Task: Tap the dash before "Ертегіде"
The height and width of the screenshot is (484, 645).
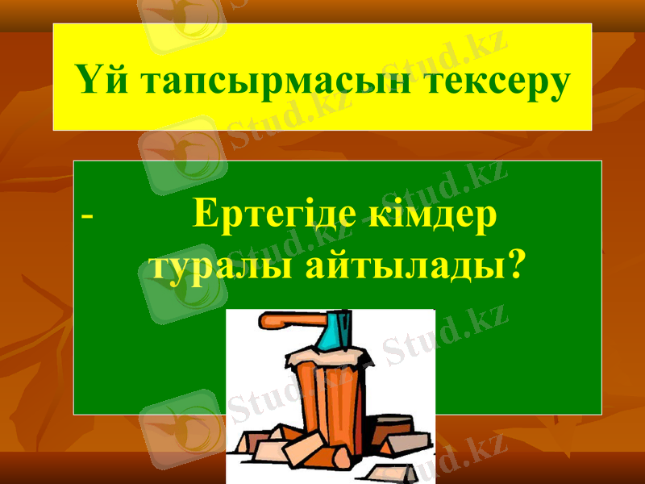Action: click(87, 217)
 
